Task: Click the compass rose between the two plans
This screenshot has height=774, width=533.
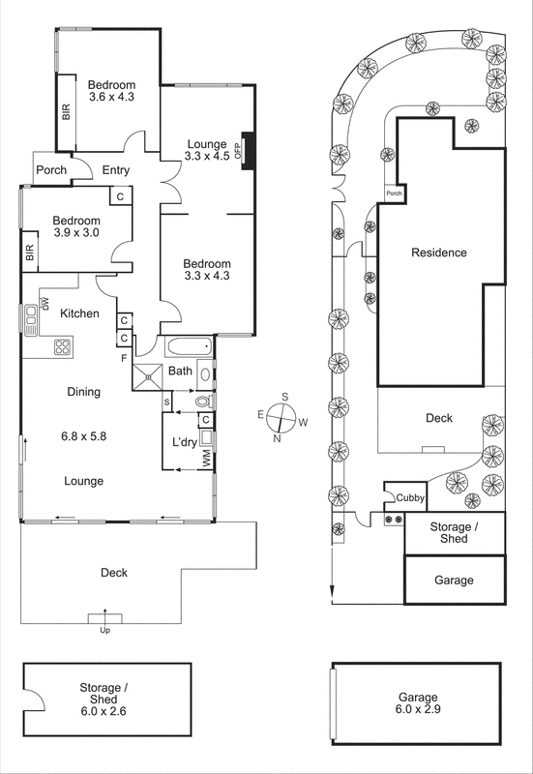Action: (x=282, y=417)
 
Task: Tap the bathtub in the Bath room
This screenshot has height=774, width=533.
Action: (x=188, y=348)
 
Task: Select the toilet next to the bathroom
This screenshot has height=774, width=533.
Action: (x=202, y=400)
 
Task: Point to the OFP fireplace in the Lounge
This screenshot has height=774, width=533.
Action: (x=249, y=151)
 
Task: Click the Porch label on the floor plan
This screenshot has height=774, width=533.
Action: (x=51, y=170)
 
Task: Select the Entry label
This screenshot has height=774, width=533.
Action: (x=117, y=170)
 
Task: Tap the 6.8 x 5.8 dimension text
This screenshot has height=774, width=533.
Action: (x=83, y=436)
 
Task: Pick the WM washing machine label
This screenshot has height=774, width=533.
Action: (x=206, y=461)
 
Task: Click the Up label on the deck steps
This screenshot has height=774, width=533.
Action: (x=105, y=631)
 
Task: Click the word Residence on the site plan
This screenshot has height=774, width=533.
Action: (x=439, y=253)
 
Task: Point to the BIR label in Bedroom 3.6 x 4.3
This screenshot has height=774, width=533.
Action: (x=67, y=112)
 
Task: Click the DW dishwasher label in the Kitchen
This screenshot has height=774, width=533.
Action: (x=45, y=307)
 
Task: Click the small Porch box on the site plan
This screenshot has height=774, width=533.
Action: (x=394, y=193)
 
